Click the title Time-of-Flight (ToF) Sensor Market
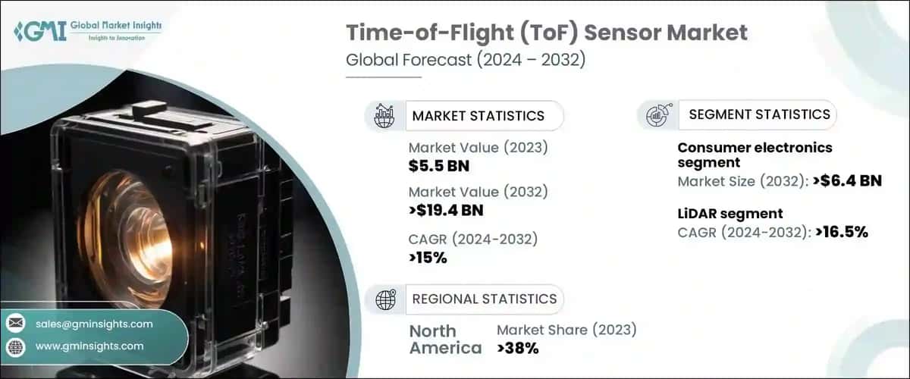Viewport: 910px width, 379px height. pos(547,33)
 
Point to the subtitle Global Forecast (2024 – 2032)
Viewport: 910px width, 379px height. pos(466,60)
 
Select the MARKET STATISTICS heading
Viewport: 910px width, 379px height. pos(478,116)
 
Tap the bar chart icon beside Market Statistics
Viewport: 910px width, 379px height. pos(384,115)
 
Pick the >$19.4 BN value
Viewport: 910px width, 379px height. pos(446,210)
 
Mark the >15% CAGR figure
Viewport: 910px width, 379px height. pos(428,258)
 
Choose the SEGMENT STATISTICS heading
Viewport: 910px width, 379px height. pos(759,114)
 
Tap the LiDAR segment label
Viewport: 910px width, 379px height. pos(730,214)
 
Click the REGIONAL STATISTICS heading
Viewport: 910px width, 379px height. pos(484,299)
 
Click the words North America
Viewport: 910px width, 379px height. pos(445,340)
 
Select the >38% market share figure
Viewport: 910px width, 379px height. pos(517,349)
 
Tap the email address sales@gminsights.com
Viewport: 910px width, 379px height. pos(94,324)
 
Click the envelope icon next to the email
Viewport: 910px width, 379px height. pos(15,324)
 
